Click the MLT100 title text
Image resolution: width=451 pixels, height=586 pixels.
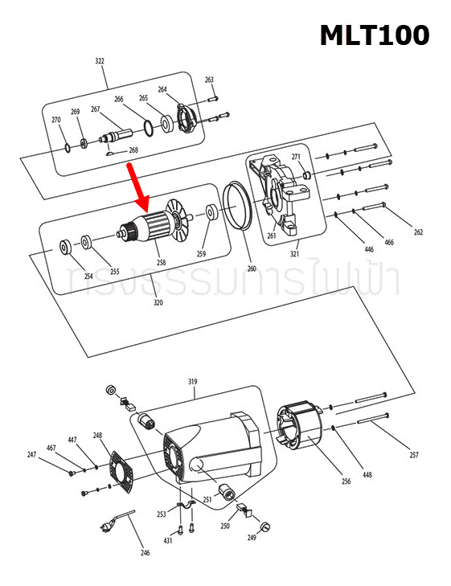tap(374, 35)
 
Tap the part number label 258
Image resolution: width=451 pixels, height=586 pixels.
tap(161, 262)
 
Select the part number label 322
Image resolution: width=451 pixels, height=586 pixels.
tap(100, 61)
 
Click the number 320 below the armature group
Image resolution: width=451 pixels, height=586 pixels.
tap(158, 302)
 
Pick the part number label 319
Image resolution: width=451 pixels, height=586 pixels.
tap(192, 381)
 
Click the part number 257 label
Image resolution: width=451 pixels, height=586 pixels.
tap(414, 456)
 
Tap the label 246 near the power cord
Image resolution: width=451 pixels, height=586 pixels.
tap(146, 552)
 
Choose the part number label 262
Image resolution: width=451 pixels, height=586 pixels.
tap(418, 232)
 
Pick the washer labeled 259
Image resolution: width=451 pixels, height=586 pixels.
tap(211, 215)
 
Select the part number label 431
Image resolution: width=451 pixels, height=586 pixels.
tap(168, 541)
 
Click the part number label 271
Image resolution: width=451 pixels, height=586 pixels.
tap(296, 157)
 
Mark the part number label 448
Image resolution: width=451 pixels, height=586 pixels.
tap(367, 475)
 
